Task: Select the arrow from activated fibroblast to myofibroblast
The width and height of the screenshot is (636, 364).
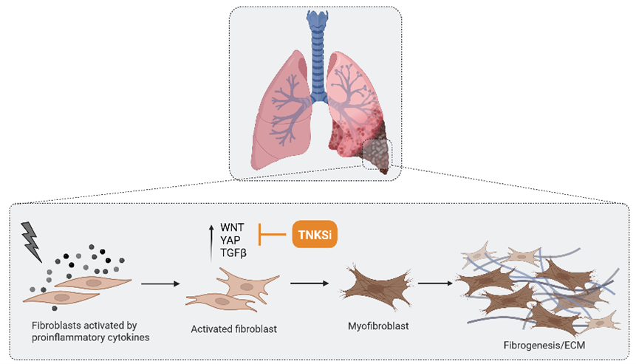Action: (309, 283)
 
